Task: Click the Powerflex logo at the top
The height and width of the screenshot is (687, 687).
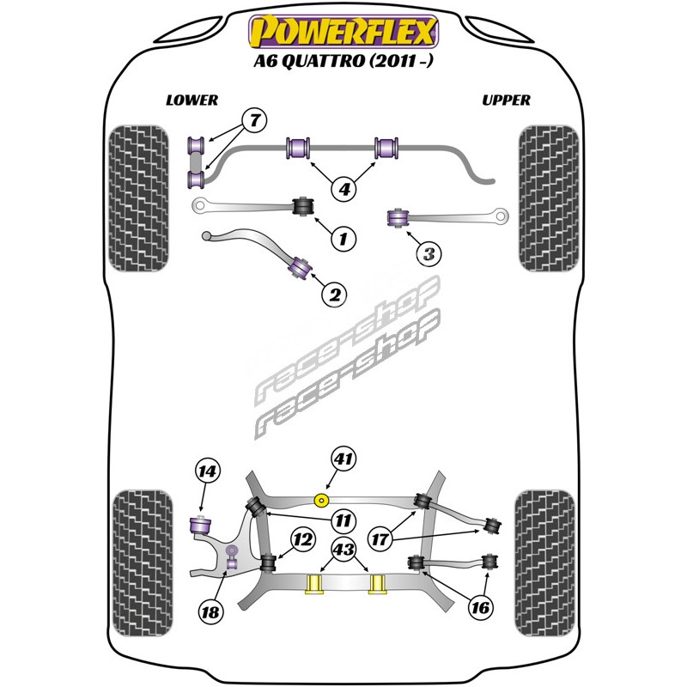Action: click(x=343, y=31)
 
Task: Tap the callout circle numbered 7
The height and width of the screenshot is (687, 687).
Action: click(x=255, y=120)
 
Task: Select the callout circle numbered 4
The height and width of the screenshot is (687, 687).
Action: click(x=344, y=189)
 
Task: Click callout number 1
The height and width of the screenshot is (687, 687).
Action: click(x=343, y=239)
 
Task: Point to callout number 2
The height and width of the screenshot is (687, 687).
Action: click(x=334, y=295)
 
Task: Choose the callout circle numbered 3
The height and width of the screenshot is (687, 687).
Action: click(x=429, y=253)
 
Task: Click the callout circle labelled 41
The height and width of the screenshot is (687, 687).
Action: click(x=343, y=459)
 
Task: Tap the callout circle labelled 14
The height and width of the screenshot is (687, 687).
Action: click(x=207, y=471)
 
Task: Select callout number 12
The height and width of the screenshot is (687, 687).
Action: click(x=303, y=539)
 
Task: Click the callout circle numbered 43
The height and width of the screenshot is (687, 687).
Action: click(x=344, y=549)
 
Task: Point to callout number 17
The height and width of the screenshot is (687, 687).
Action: click(x=380, y=538)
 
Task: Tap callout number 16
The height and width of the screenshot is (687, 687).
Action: click(x=481, y=607)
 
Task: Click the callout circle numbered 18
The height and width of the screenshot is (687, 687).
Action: click(x=210, y=611)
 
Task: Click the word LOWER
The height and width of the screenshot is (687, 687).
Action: click(x=192, y=100)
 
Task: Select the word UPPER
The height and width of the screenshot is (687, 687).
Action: click(x=506, y=100)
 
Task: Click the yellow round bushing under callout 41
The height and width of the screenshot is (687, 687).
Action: click(x=323, y=500)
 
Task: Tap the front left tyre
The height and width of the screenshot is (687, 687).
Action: click(x=138, y=198)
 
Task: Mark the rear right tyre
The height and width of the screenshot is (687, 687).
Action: click(x=544, y=563)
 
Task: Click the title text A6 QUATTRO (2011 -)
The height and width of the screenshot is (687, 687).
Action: click(x=343, y=61)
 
